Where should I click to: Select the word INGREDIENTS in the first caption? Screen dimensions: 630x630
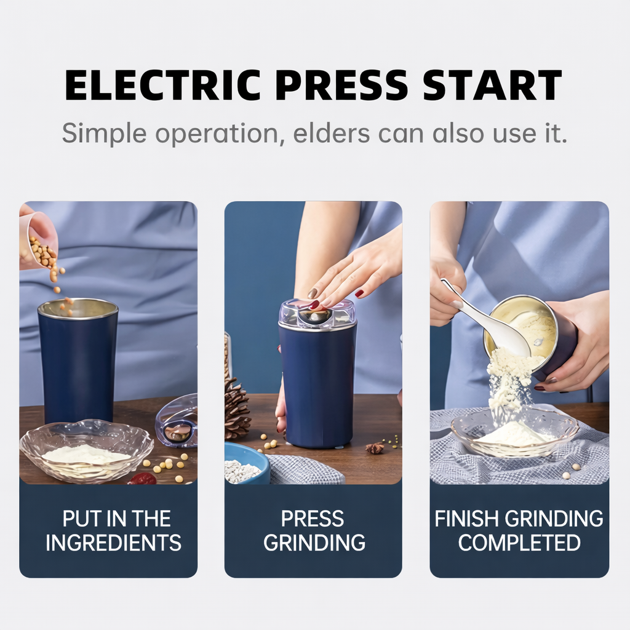pos(113,543)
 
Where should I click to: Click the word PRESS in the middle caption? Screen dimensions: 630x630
pos(313,519)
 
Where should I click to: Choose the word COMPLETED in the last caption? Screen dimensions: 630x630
pos(519,543)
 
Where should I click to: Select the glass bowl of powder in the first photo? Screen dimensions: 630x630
pos(86,452)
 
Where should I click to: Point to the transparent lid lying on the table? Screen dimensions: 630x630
pos(177,422)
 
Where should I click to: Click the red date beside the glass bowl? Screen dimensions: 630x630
pos(143,478)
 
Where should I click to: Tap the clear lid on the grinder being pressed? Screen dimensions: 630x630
pos(317,313)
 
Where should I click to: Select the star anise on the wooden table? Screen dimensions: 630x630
pos(375,448)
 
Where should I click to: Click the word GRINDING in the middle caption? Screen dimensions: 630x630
pos(314,543)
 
